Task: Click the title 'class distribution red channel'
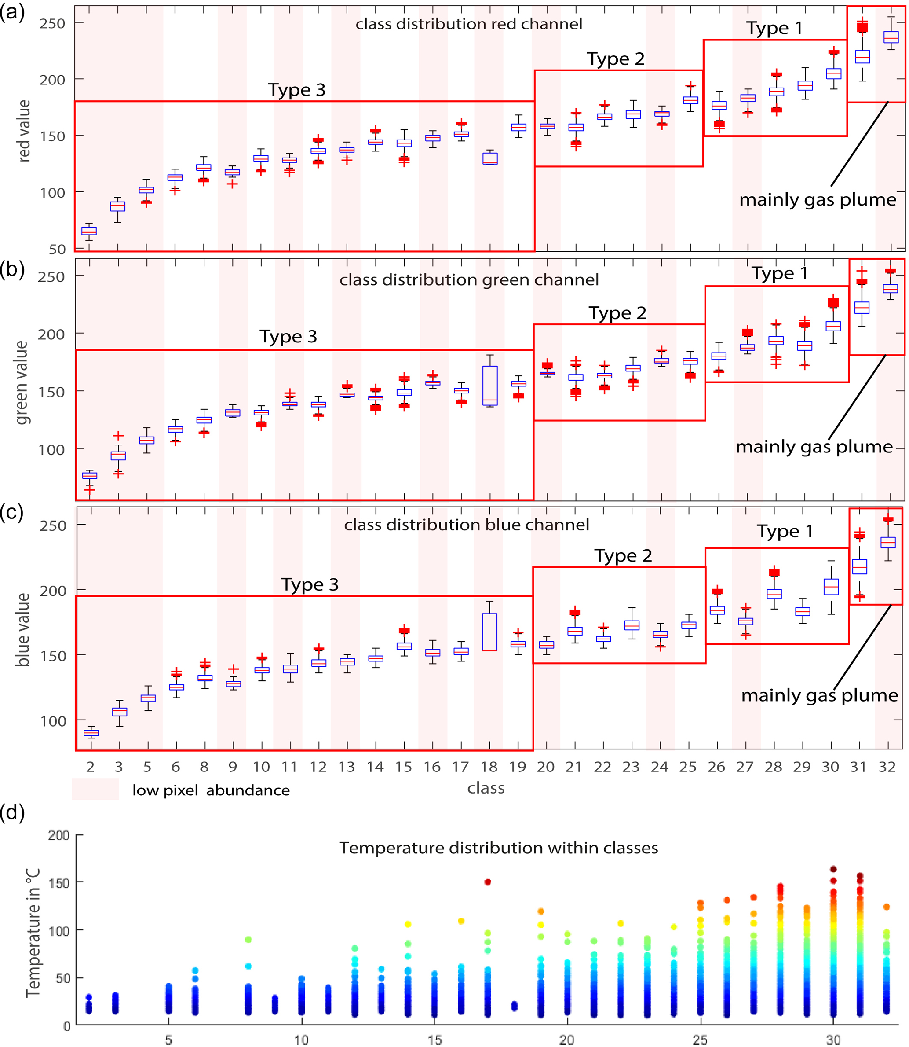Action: tap(469, 24)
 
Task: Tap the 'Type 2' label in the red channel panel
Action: tap(616, 59)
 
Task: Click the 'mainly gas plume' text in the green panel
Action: tap(814, 447)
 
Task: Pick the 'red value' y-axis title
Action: tap(24, 131)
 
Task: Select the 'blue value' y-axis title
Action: tap(23, 630)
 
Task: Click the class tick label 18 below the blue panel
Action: tap(489, 767)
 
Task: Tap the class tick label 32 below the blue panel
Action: tap(887, 767)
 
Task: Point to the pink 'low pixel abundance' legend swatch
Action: tap(95, 789)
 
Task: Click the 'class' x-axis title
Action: tap(486, 788)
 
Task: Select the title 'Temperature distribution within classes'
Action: tap(499, 848)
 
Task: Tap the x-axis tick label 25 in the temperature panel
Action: tap(700, 1040)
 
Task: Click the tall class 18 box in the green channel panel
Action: tap(490, 385)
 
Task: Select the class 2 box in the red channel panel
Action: tap(89, 231)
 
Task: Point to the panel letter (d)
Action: tap(12, 812)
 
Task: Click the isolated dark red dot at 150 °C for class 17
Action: tap(487, 882)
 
